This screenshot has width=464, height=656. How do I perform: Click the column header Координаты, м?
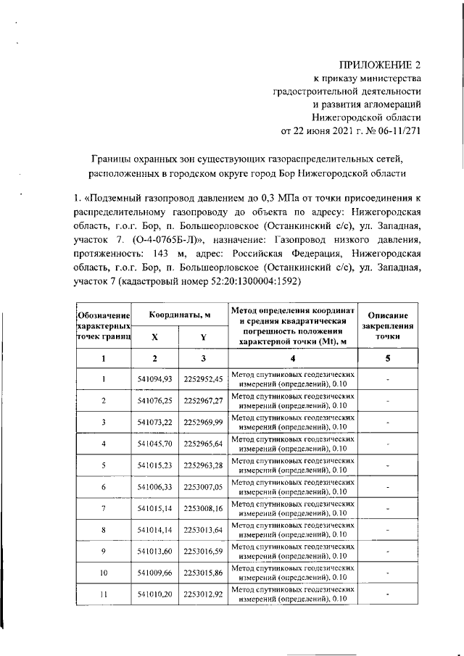pyautogui.click(x=180, y=315)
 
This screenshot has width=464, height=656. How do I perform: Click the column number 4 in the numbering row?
pyautogui.click(x=293, y=358)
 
